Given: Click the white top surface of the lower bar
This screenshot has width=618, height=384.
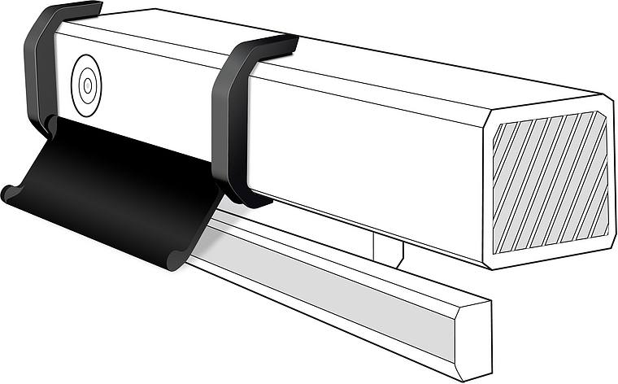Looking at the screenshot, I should [x=342, y=260].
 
